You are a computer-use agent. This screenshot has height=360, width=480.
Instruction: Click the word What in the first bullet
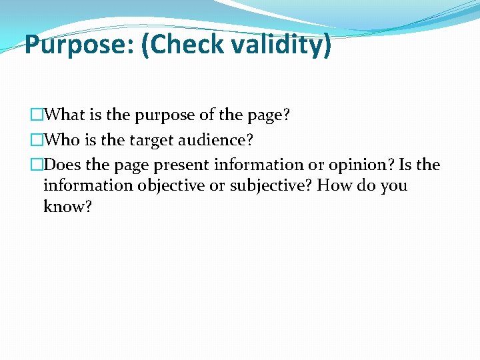click(73, 115)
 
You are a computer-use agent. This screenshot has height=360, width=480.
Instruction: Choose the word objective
click(173, 185)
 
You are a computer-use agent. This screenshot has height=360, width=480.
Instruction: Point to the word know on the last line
click(63, 207)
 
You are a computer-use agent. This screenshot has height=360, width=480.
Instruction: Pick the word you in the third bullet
click(393, 185)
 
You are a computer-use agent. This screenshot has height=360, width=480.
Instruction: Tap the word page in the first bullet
click(267, 115)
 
